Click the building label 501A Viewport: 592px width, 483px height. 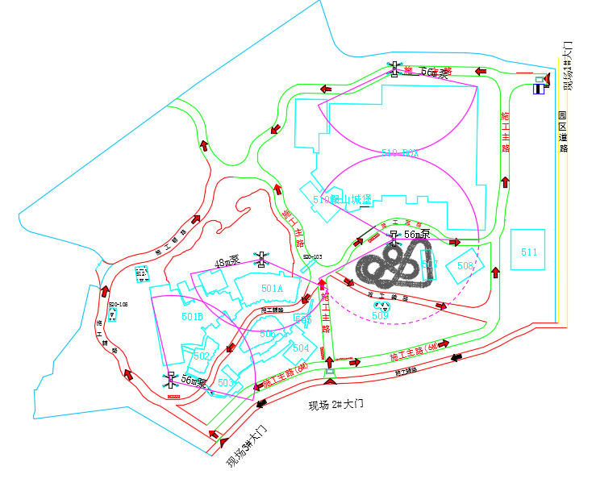click(273, 288)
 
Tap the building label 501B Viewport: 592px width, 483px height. click(192, 316)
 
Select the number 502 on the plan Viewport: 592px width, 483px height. click(202, 356)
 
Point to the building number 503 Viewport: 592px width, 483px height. click(227, 382)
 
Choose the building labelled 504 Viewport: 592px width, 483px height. click(300, 348)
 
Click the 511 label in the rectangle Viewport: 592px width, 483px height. click(529, 253)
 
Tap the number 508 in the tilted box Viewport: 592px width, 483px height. click(465, 265)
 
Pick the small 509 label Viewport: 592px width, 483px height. click(380, 316)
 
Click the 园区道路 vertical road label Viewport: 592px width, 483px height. click(564, 131)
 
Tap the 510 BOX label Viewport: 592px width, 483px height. click(402, 152)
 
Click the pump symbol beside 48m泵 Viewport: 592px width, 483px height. click(261, 259)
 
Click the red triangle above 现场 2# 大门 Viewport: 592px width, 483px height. click(328, 381)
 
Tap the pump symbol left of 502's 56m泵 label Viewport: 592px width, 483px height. click(170, 378)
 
